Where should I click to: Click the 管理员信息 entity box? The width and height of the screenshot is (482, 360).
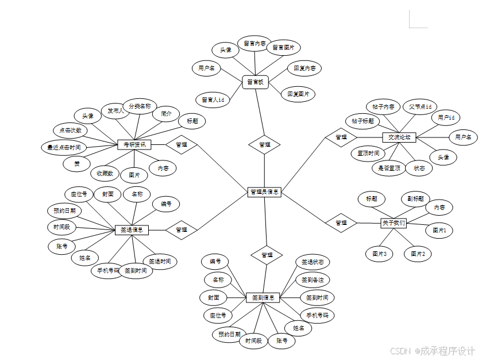(x=264, y=192)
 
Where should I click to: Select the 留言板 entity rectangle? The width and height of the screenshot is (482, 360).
(x=255, y=82)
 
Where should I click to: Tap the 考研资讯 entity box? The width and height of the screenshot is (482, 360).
(x=134, y=144)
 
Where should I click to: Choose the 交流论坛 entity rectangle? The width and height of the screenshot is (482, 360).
(x=399, y=137)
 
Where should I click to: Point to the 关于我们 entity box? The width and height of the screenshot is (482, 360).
(x=394, y=223)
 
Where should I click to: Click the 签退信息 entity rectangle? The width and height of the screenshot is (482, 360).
(x=132, y=229)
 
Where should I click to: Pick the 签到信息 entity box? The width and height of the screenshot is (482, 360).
(x=263, y=298)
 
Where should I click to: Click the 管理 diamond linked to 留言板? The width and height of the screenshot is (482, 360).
(x=264, y=144)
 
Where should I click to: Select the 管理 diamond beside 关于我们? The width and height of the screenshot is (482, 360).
(x=341, y=223)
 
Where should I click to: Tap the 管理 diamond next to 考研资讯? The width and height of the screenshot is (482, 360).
(x=182, y=144)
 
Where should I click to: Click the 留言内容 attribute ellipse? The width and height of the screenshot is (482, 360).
(x=255, y=43)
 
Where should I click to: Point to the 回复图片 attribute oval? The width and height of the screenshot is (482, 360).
(x=298, y=94)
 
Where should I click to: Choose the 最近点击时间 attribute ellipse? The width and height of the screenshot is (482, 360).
(x=64, y=148)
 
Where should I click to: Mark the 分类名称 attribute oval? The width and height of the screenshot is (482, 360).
(x=139, y=106)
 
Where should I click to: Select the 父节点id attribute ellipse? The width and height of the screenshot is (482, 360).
(x=419, y=106)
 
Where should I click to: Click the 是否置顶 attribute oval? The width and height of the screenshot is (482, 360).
(x=389, y=168)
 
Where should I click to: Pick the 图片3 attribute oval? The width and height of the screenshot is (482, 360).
(x=379, y=254)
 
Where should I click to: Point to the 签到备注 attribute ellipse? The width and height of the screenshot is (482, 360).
(x=313, y=279)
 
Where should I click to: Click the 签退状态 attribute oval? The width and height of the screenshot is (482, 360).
(x=313, y=262)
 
